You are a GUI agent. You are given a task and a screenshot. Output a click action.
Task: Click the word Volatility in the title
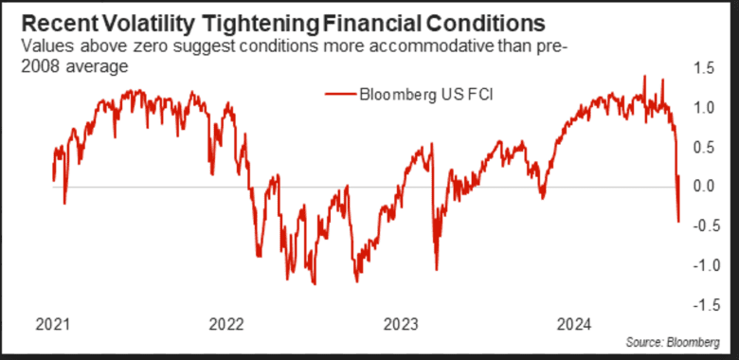coord(141,20)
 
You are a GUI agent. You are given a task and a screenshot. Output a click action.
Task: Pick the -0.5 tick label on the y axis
coord(701,225)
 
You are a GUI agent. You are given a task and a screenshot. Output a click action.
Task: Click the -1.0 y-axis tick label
coord(701,265)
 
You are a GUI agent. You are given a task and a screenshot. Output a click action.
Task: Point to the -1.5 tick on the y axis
coord(701,304)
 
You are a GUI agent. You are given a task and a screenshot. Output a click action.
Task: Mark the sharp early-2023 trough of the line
coord(436,269)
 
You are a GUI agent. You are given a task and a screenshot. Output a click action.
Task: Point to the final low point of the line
coord(678,222)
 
